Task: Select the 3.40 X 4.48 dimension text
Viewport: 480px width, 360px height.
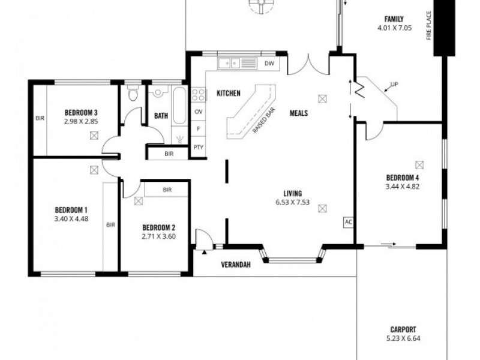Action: coord(71,218)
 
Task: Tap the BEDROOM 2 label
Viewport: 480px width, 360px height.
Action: coord(158,227)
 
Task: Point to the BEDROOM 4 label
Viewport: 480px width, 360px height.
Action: coord(402,178)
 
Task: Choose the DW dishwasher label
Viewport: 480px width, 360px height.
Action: coord(269,63)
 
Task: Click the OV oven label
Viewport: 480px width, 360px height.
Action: coord(198,112)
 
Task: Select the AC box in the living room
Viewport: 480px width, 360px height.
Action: coord(348,222)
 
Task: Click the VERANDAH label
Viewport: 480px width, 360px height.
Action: coord(236,265)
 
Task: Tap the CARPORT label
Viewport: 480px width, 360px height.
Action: coord(402,329)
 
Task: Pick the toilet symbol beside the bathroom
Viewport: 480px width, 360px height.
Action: coord(133,94)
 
